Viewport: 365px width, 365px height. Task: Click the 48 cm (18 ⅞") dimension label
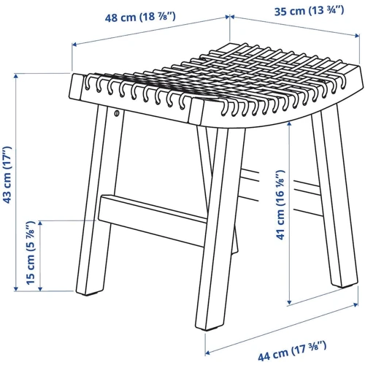pos(140,17)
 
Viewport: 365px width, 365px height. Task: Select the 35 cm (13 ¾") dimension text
pos(310,11)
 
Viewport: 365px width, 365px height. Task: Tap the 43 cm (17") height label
pos(7,175)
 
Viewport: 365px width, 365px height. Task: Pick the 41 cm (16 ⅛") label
pos(280,205)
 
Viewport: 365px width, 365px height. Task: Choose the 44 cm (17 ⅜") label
pos(292,350)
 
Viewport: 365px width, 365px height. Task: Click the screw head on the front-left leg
pos(117,112)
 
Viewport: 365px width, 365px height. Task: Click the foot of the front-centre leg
pos(210,324)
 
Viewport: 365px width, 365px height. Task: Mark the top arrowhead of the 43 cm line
pos(16,77)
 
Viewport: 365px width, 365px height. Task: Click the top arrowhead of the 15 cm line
pos(40,223)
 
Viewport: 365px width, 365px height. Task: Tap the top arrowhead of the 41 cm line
pos(290,124)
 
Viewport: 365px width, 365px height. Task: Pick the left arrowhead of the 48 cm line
pos(74,45)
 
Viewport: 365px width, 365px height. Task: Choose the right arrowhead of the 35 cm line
pos(357,36)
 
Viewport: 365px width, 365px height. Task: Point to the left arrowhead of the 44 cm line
pos(207,353)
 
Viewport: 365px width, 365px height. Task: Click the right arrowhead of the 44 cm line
pos(356,304)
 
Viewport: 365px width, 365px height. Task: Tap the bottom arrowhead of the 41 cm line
pos(290,302)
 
